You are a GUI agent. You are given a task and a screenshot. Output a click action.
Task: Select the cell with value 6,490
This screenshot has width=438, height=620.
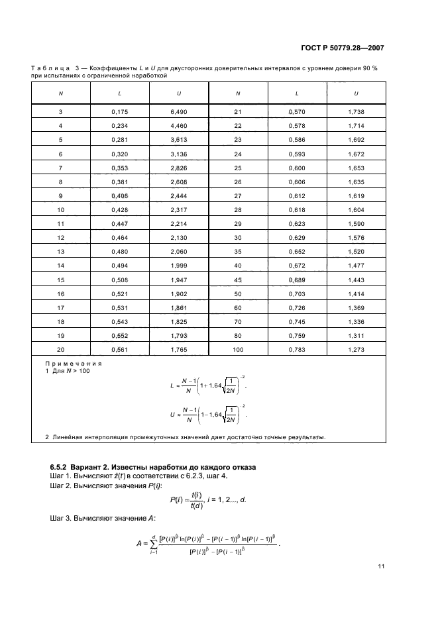coord(179,112)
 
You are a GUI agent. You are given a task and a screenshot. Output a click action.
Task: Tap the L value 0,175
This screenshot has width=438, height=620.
coord(120,112)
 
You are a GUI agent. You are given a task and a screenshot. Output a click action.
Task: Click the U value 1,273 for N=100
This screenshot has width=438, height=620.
coord(356,349)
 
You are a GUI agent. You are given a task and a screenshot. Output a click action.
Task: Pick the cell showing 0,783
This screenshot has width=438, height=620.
coord(297,349)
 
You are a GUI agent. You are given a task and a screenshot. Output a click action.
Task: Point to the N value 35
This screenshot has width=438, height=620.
coord(238,252)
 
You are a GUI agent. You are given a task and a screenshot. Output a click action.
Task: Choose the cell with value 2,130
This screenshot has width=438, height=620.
coord(179,238)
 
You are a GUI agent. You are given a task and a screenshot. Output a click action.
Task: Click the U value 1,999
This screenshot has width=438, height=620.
coord(179,266)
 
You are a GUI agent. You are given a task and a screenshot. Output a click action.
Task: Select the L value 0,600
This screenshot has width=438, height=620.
coord(297,168)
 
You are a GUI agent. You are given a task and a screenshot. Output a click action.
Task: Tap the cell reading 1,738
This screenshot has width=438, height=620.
coord(356,112)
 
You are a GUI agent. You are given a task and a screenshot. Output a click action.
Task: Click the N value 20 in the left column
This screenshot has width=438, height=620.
coord(61,349)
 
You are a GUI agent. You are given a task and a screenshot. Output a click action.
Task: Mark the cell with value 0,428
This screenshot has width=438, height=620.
coord(120,210)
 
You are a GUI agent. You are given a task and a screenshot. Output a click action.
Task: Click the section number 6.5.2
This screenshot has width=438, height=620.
coord(61,468)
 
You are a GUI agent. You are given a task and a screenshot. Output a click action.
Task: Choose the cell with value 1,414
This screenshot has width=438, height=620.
coord(356,293)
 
